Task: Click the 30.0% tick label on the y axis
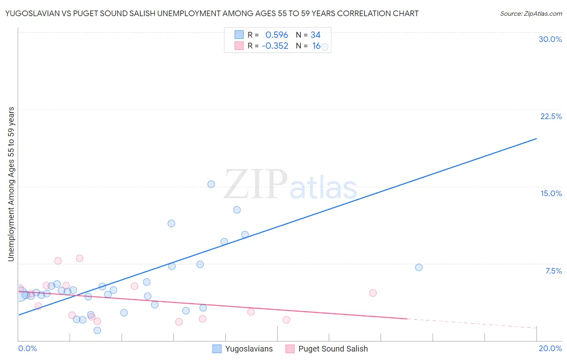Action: click(550, 39)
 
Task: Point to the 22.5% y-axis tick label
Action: click(551, 116)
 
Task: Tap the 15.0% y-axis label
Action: click(551, 193)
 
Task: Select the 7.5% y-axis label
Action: click(553, 271)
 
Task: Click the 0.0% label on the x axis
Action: click(27, 348)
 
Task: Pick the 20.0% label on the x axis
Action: click(550, 348)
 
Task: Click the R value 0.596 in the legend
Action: click(277, 35)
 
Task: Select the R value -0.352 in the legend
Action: click(275, 46)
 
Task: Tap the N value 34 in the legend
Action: click(315, 35)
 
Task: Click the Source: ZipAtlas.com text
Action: click(531, 13)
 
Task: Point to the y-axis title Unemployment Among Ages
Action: click(11, 184)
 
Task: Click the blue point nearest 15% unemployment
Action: click(211, 184)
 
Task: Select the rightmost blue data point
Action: click(419, 267)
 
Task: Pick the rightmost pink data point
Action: click(373, 293)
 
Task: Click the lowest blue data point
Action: click(97, 330)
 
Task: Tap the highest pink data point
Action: click(79, 258)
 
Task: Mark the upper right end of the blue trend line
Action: click(536, 138)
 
